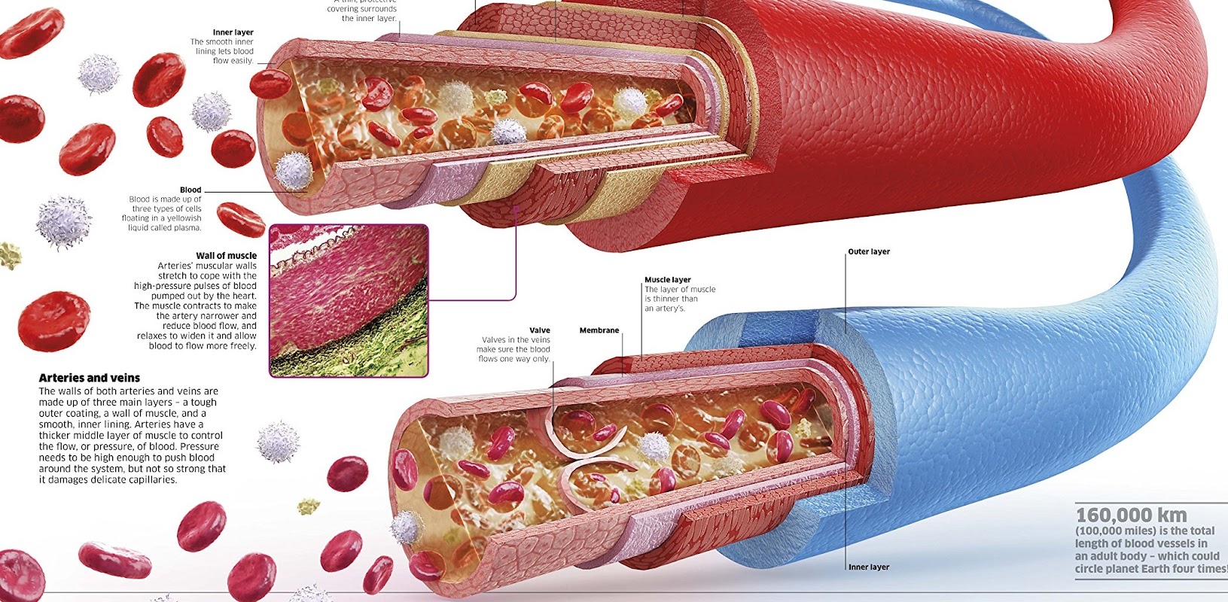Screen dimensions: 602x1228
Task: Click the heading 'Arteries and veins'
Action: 89,378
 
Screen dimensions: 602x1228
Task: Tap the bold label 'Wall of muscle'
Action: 226,256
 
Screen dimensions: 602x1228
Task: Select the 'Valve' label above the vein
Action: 540,330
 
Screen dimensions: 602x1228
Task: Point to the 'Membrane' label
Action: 599,330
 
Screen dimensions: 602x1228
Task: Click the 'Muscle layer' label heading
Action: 667,280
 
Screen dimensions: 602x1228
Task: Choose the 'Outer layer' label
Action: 869,252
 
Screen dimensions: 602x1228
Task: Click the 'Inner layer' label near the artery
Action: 233,32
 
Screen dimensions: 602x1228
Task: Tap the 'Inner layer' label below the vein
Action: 869,567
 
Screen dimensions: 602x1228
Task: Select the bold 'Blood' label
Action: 190,190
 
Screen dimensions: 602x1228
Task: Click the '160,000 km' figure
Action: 1131,515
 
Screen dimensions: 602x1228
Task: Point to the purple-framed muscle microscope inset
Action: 349,300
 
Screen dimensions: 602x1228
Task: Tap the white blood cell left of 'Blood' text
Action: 64,220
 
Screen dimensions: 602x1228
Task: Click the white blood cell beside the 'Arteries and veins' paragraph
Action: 278,442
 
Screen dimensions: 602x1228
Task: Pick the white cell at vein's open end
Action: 407,527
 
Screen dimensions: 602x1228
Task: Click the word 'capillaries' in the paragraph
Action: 151,479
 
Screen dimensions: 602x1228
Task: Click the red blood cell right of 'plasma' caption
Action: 241,218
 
